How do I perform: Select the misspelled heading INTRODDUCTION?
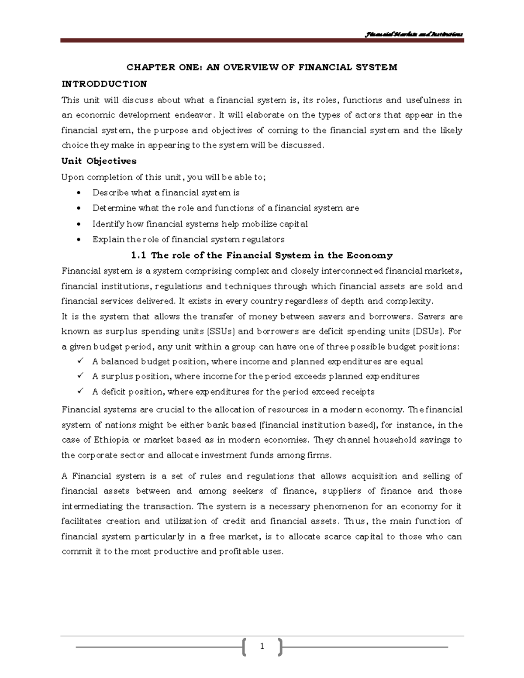[x=104, y=84]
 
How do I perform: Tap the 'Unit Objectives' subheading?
[x=99, y=161]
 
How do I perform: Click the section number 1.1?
[x=138, y=255]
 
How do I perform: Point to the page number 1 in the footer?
[x=262, y=647]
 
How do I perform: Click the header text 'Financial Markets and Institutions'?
[x=414, y=34]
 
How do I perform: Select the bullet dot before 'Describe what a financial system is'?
[x=79, y=193]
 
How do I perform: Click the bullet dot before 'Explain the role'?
[x=79, y=240]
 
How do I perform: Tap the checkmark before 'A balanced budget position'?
[x=79, y=361]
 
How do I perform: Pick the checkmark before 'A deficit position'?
[x=79, y=391]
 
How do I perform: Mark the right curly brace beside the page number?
[x=279, y=647]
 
